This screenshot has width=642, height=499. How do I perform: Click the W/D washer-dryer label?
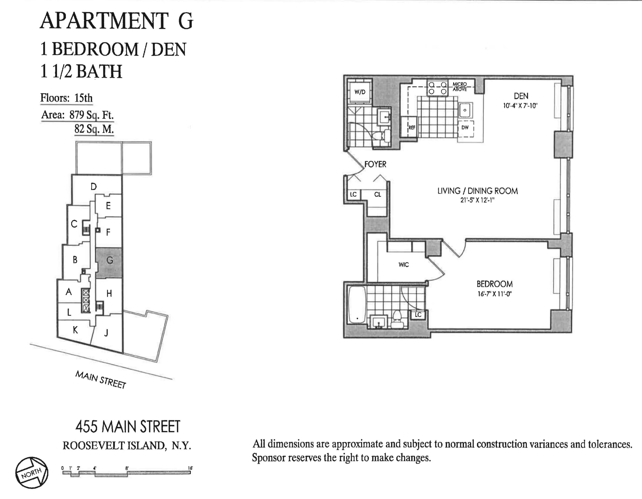pyautogui.click(x=360, y=92)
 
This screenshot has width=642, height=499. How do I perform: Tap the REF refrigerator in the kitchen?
pyautogui.click(x=409, y=127)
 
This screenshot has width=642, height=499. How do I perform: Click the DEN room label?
pyautogui.click(x=521, y=96)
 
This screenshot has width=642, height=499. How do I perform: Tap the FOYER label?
pyautogui.click(x=375, y=164)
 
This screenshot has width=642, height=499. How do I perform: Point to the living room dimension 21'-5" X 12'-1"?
pyautogui.click(x=477, y=200)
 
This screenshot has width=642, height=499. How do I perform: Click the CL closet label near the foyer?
pyautogui.click(x=377, y=194)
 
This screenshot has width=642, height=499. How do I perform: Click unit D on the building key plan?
pyautogui.click(x=93, y=186)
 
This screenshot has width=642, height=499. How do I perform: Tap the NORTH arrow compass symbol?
pyautogui.click(x=32, y=473)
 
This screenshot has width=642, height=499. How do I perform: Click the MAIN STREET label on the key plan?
pyautogui.click(x=101, y=380)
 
